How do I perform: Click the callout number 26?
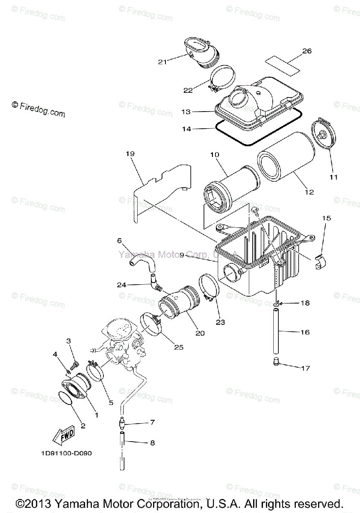pyautogui.click(x=307, y=51)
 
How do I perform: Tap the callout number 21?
pyautogui.click(x=162, y=62)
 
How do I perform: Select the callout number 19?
pyautogui.click(x=130, y=153)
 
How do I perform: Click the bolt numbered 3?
pyautogui.click(x=74, y=366)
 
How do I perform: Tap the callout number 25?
pyautogui.click(x=178, y=347)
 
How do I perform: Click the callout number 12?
pyautogui.click(x=309, y=192)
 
